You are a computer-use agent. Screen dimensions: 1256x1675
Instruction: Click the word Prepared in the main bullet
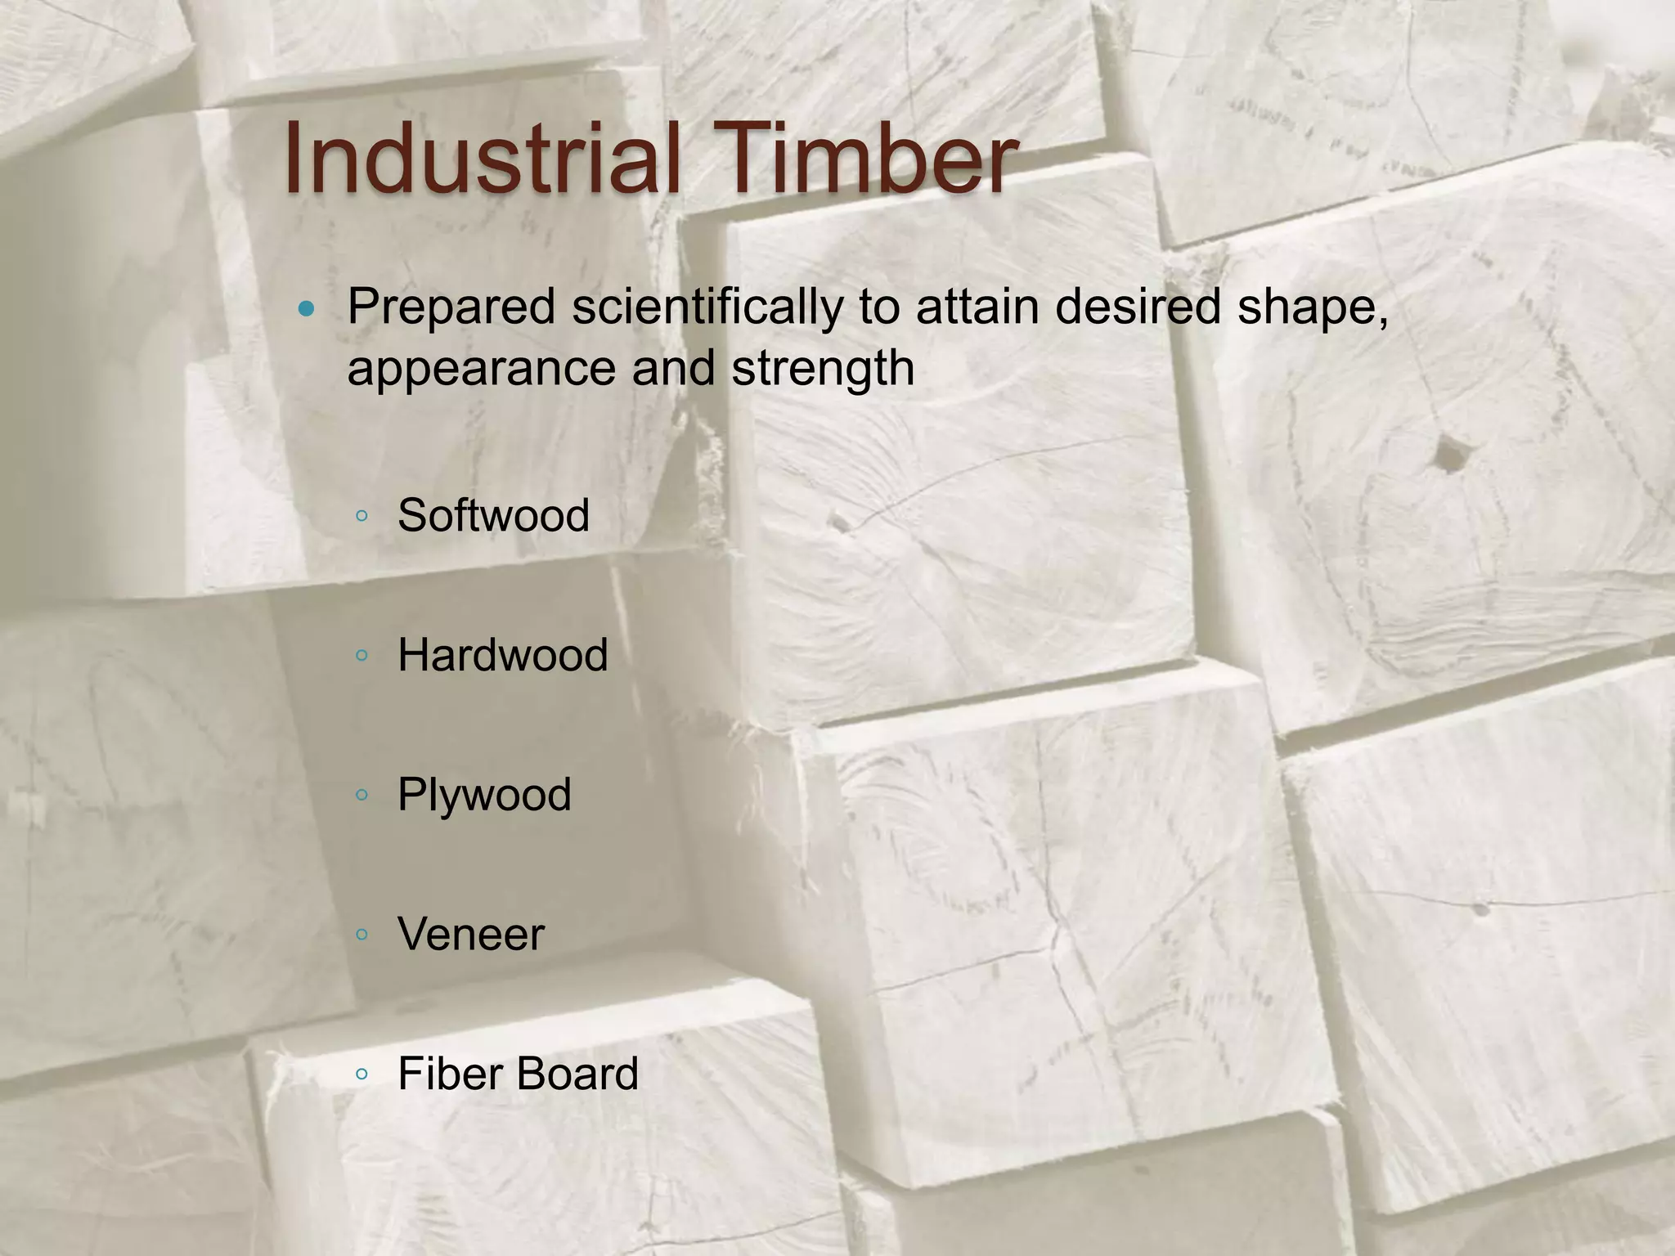point(451,308)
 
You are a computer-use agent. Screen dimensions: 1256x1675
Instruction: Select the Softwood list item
point(493,515)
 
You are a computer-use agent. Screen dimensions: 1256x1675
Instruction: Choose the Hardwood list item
point(503,655)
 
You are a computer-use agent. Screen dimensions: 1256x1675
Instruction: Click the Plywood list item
point(484,796)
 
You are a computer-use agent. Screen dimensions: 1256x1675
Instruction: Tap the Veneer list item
point(471,935)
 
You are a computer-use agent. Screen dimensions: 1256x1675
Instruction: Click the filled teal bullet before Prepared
point(307,309)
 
